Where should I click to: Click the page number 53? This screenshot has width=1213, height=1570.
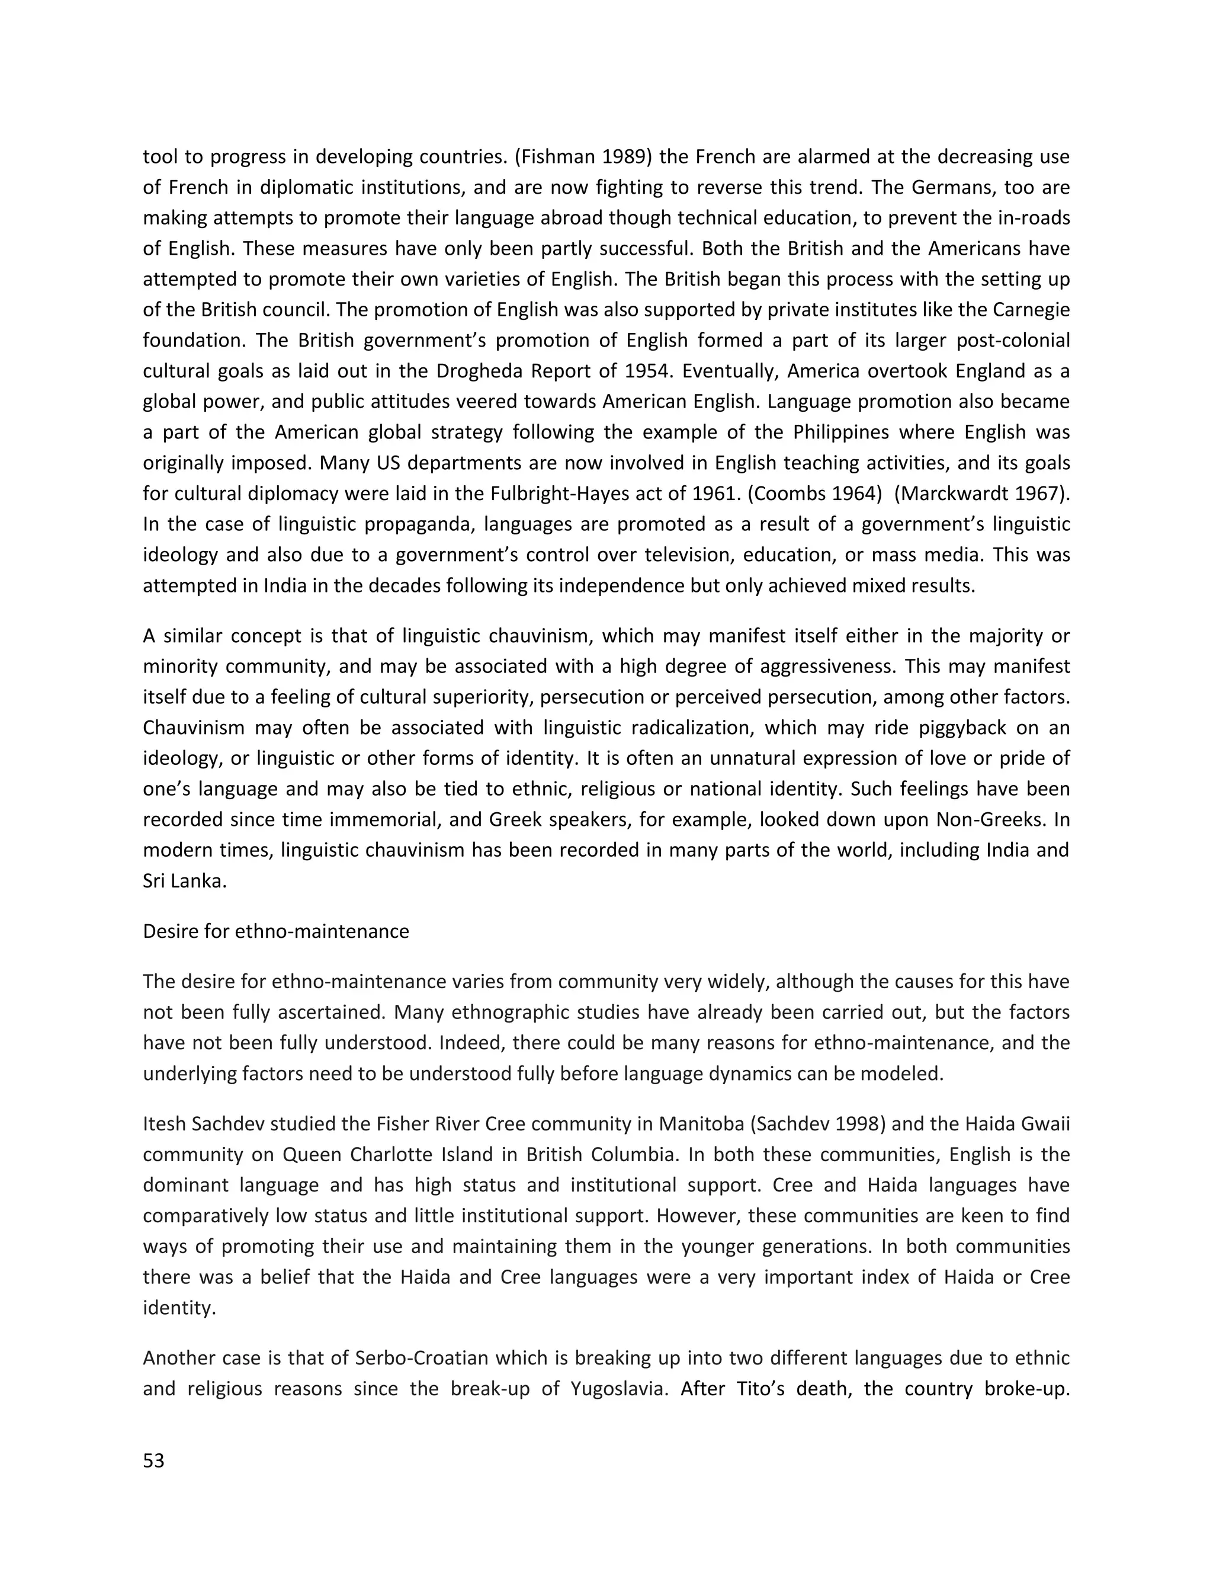click(x=154, y=1461)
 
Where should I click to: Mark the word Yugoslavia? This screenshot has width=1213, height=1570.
click(x=617, y=1388)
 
